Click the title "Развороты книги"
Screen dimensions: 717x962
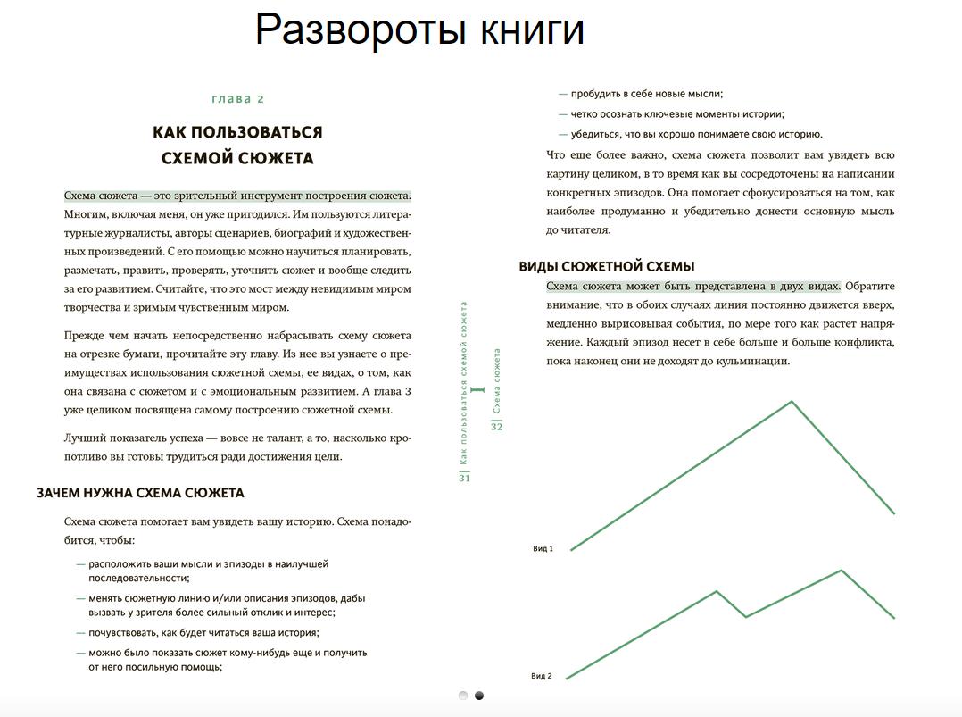tap(419, 30)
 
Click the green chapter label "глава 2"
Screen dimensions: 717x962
tap(237, 99)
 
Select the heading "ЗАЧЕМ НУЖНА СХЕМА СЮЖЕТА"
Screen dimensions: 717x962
tap(140, 493)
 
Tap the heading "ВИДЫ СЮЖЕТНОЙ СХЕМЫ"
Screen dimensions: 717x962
tap(607, 266)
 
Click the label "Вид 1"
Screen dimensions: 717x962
tap(543, 549)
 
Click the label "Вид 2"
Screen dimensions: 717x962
tap(542, 676)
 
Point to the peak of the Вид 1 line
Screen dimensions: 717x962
tap(792, 401)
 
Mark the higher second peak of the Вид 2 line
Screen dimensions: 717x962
tap(841, 570)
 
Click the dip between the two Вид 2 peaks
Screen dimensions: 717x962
tap(746, 616)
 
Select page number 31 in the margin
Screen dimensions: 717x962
tap(464, 478)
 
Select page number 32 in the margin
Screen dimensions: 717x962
tap(497, 427)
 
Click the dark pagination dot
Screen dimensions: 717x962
tap(479, 696)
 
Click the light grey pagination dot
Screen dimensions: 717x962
tap(463, 696)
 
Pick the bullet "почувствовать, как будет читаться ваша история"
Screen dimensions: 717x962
tap(203, 633)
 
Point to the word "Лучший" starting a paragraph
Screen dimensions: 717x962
tap(82, 438)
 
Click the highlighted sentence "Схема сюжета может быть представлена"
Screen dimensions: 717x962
tap(693, 287)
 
